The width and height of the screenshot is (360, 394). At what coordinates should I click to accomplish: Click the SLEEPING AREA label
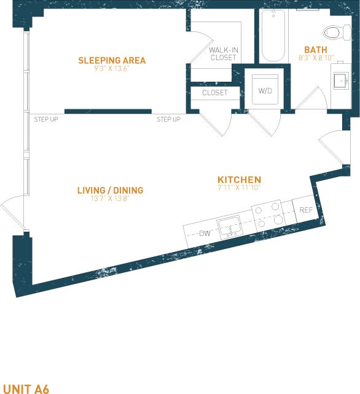pos(112,60)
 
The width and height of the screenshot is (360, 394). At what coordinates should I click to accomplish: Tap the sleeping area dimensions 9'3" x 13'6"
pos(112,69)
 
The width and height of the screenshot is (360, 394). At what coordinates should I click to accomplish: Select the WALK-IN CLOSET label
pos(222,53)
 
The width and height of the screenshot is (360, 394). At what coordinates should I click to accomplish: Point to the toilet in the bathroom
pos(334,32)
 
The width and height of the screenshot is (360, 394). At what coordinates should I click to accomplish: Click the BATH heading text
pos(315,49)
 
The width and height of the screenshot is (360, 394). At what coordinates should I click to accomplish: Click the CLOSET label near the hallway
pos(214,93)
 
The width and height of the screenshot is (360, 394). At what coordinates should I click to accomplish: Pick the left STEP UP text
pos(46,119)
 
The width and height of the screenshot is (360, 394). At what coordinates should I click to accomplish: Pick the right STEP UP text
pos(168,119)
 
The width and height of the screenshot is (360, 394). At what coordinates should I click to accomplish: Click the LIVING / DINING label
pos(110,191)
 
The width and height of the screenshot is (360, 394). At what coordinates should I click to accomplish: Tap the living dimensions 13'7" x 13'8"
pos(110,199)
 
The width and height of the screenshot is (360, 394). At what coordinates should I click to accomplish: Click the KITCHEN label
pos(239,179)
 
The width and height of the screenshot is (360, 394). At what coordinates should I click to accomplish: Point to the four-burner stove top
pos(269,216)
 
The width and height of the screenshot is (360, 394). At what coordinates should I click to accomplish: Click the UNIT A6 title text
pos(25,388)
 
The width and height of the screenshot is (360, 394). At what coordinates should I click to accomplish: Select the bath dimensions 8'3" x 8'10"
pos(315,58)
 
